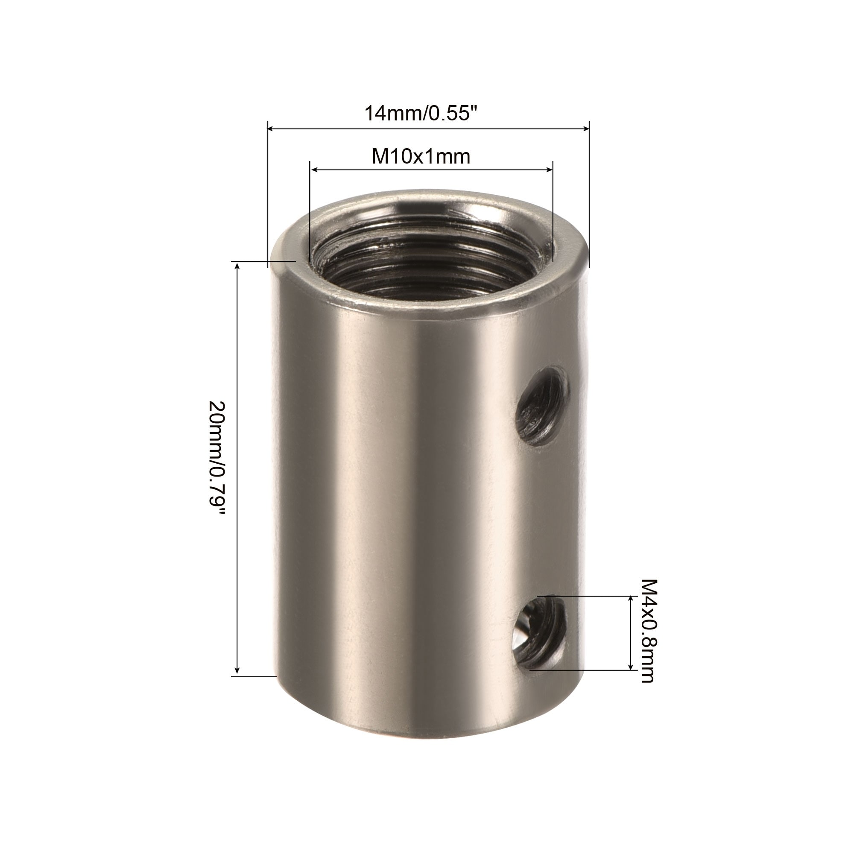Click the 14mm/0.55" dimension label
click(x=421, y=113)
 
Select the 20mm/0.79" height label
click(x=217, y=457)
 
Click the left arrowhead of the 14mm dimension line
click(x=271, y=129)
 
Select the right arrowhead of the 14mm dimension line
click(x=586, y=129)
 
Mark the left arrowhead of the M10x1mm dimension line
click(x=313, y=169)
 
